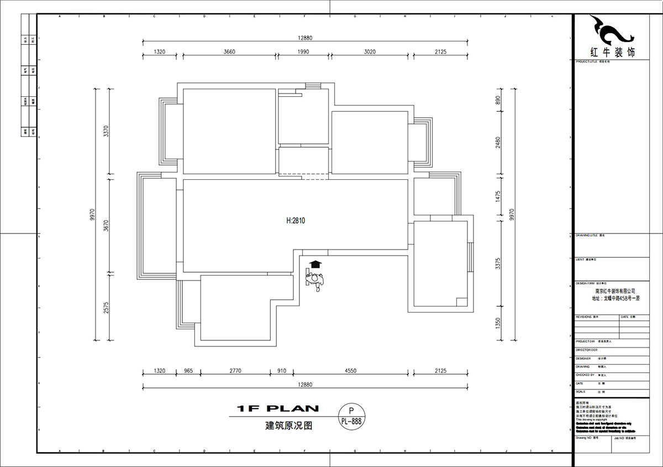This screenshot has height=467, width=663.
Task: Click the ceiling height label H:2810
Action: click(296, 220)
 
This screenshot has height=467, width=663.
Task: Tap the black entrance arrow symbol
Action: click(315, 264)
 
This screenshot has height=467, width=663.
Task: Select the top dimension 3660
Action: click(229, 51)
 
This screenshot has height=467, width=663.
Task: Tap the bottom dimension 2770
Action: click(235, 371)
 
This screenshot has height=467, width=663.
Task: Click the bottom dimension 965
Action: click(188, 371)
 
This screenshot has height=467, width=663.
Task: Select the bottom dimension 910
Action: click(281, 371)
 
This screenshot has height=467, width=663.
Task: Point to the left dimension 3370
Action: click(107, 132)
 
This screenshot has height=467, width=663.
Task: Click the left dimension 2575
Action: click(107, 308)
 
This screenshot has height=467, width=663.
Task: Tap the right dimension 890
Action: click(497, 100)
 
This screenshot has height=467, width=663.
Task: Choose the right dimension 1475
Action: click(497, 195)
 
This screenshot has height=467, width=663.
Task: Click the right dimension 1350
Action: click(497, 322)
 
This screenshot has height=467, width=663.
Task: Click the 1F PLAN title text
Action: click(277, 409)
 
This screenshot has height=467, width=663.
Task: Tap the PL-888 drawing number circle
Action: click(351, 417)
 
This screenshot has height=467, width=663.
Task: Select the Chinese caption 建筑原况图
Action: click(289, 426)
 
